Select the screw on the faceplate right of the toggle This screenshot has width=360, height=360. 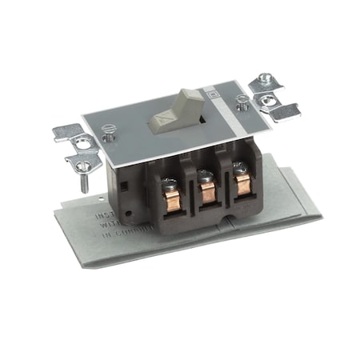point(243,102)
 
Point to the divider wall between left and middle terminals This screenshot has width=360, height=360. point(190,192)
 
